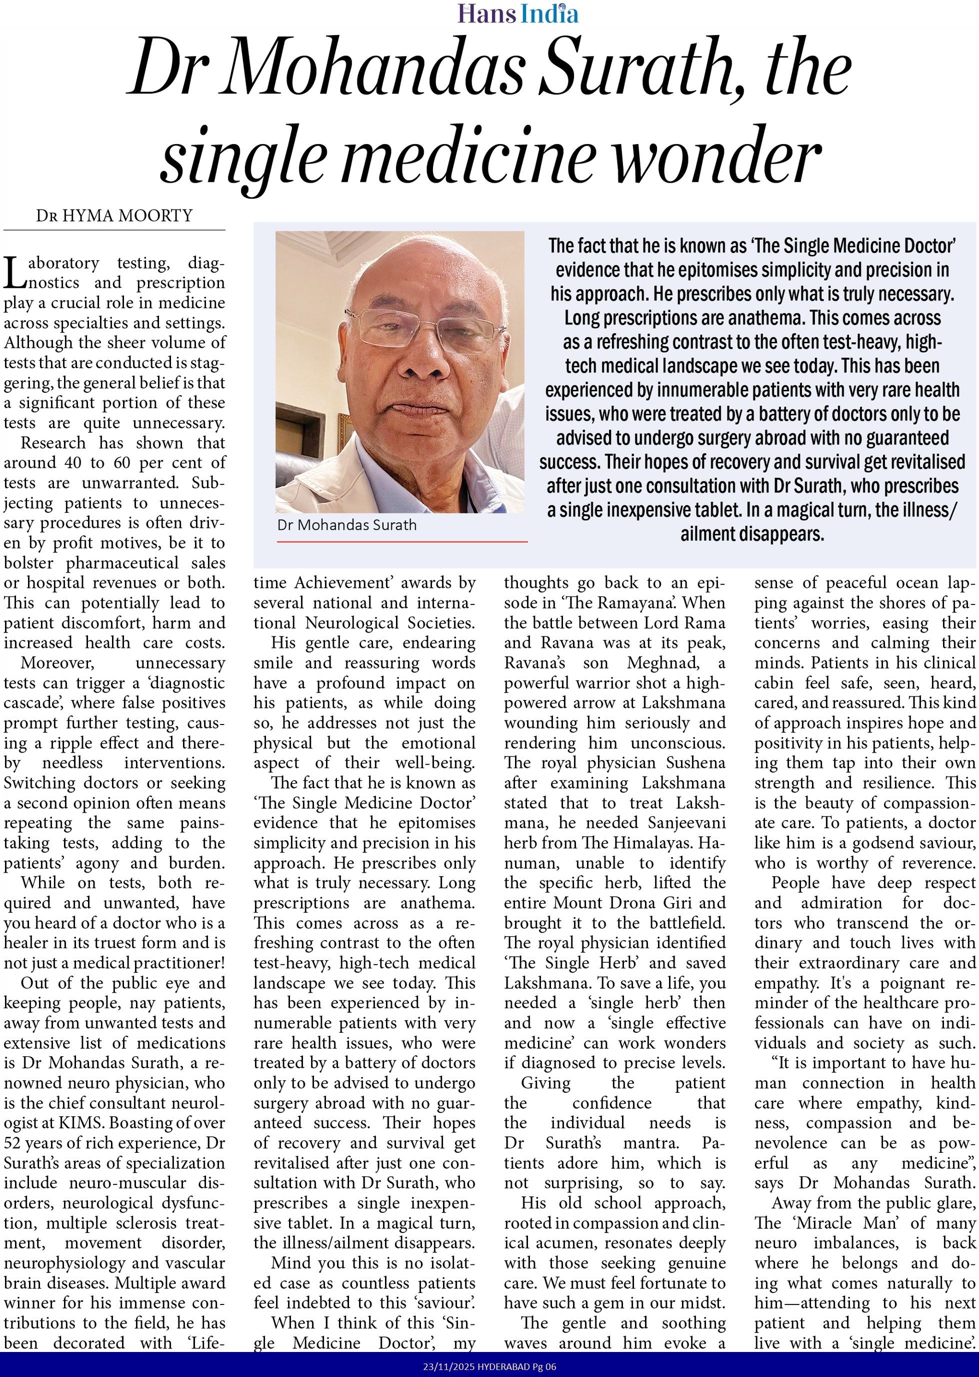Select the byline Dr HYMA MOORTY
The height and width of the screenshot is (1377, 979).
click(x=114, y=215)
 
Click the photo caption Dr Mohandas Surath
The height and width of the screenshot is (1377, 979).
click(x=346, y=525)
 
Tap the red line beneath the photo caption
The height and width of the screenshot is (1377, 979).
click(x=402, y=541)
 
